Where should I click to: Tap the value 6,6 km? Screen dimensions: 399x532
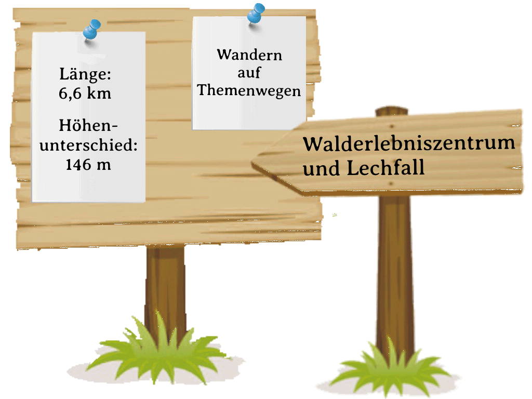coord(85,94)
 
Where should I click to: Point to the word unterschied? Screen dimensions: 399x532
coord(88,145)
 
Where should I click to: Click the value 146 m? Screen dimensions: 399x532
coord(88,164)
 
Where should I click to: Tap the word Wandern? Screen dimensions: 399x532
coord(249,55)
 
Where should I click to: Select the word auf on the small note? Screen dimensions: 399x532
coord(249,73)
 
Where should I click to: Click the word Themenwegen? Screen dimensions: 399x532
coord(249,90)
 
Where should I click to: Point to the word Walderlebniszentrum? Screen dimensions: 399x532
coord(409,143)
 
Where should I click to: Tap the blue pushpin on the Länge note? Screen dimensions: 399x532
coord(93,29)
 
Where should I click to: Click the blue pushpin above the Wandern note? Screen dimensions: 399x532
coord(255,12)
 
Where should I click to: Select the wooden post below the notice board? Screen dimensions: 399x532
coord(165,281)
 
